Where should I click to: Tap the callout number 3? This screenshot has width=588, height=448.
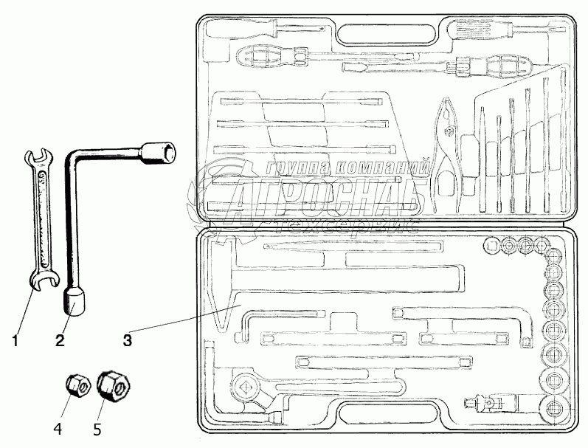128,340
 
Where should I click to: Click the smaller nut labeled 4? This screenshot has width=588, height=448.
76,385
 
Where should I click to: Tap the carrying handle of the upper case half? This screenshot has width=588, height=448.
386,34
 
